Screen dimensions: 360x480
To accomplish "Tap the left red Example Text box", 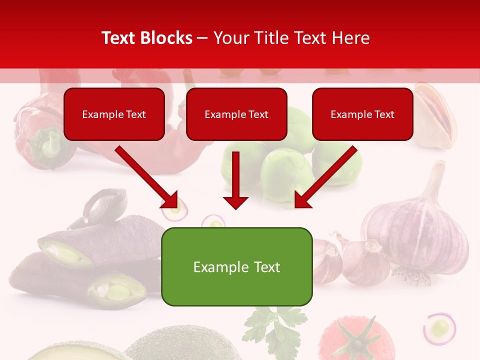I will (114, 114).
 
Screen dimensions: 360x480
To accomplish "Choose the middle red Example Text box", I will (236, 114).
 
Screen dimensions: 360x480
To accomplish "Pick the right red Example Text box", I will (362, 114).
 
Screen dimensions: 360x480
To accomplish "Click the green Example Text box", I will (236, 266).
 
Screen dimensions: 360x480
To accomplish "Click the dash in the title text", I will (202, 38).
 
